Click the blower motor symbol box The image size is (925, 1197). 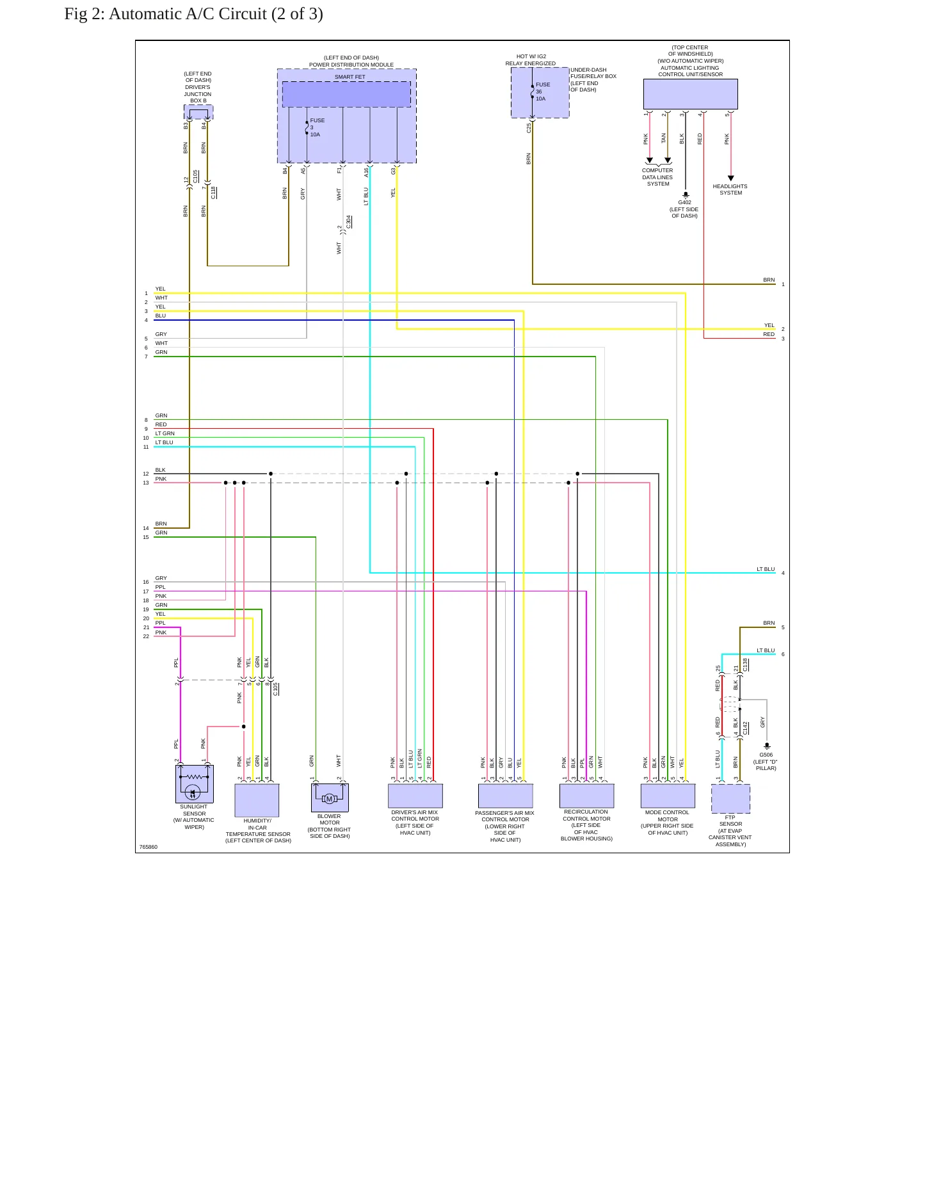click(330, 798)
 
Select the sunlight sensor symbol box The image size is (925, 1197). click(195, 784)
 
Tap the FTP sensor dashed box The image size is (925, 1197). click(730, 798)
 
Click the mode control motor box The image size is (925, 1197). click(668, 796)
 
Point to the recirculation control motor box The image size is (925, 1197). click(587, 796)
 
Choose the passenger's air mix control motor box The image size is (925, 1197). click(506, 796)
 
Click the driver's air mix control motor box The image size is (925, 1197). click(415, 796)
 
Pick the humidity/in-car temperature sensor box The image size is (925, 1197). click(257, 800)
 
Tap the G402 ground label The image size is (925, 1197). click(685, 202)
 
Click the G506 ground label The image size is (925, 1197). click(766, 755)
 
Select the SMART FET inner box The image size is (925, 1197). click(346, 94)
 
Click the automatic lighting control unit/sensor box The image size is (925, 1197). click(691, 94)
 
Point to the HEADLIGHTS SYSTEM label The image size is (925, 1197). click(730, 189)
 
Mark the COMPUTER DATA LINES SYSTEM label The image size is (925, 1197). click(657, 177)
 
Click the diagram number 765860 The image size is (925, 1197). click(149, 847)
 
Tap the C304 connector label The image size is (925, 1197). click(349, 222)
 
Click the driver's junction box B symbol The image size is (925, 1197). click(198, 113)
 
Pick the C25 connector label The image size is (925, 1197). click(529, 128)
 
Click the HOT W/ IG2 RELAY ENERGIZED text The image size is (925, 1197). click(531, 60)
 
